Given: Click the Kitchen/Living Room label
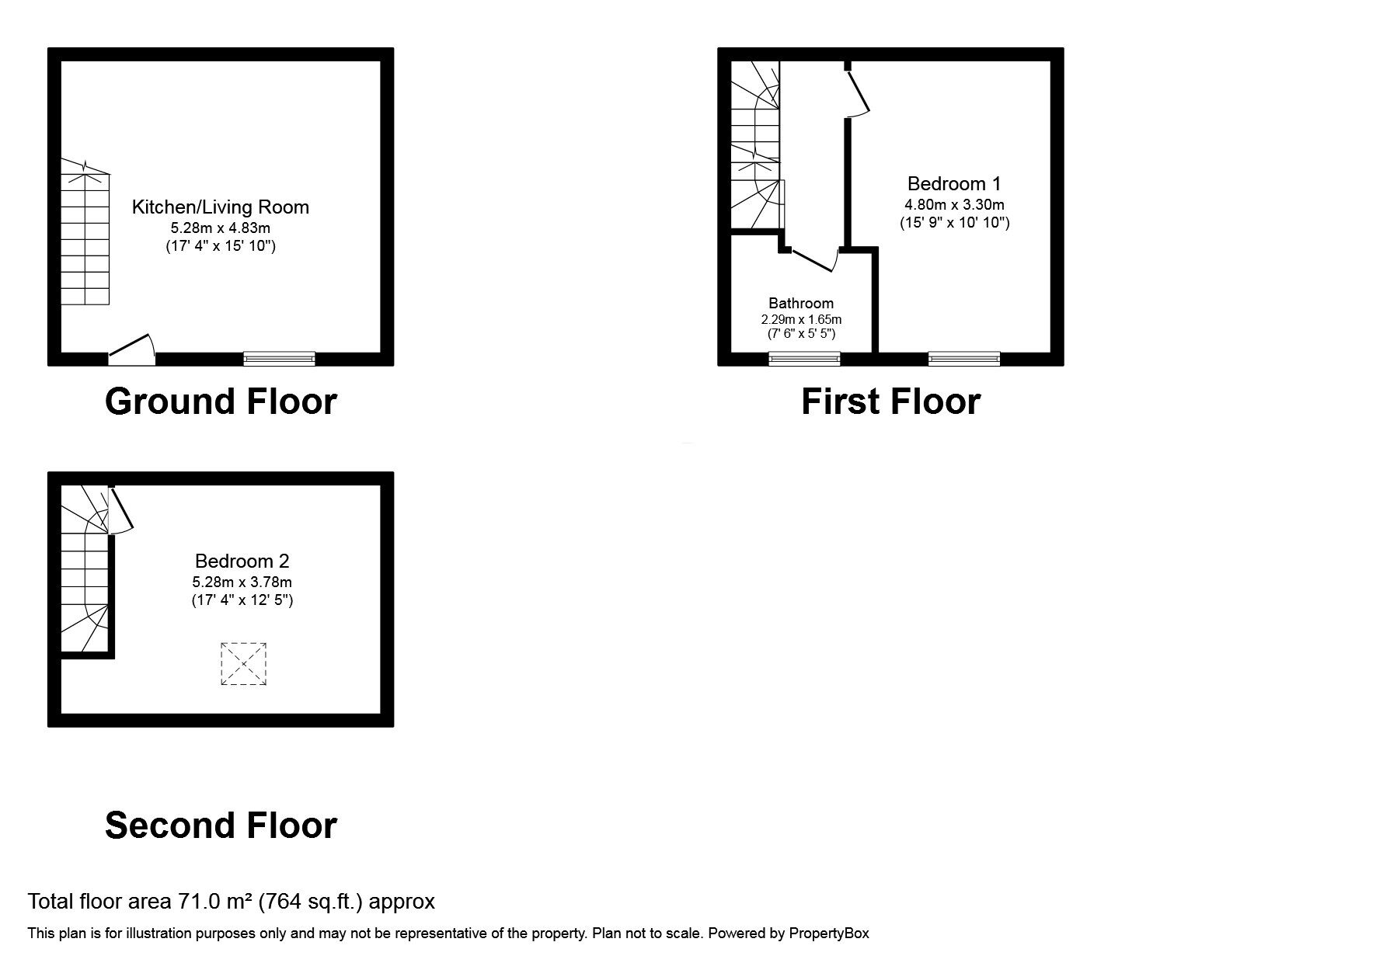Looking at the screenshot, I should click(x=221, y=207).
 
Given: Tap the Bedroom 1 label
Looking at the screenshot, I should click(x=954, y=184).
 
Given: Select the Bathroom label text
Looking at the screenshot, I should click(x=801, y=304).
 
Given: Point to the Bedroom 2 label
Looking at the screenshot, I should click(x=242, y=561).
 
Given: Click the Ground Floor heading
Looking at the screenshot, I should click(x=221, y=402).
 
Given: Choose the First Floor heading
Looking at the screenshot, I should click(x=890, y=402).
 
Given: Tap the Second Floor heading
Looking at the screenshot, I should click(x=221, y=825).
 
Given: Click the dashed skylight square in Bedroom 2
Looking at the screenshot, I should click(x=244, y=664).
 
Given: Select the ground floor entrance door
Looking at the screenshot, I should click(x=131, y=349).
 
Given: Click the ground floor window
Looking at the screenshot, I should click(x=279, y=358).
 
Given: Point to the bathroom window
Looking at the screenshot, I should click(x=804, y=358).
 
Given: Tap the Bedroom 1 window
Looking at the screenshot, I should click(x=963, y=358).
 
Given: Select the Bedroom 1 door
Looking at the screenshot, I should click(x=858, y=94).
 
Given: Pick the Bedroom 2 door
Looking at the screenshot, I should click(x=120, y=510).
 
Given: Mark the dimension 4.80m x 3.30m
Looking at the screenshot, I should click(x=954, y=205).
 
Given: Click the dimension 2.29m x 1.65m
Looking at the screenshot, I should click(x=801, y=319).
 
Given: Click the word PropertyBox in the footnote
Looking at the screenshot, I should click(x=829, y=933).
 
